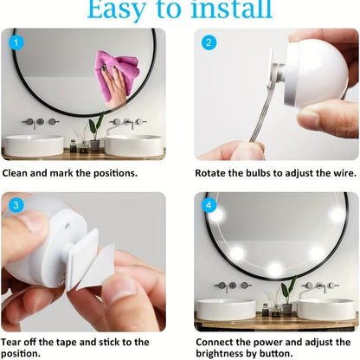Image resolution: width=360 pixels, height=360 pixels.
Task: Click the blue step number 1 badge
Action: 16,42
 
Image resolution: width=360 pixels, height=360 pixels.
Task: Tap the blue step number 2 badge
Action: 209,42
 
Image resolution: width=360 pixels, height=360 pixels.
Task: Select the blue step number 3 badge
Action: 16,205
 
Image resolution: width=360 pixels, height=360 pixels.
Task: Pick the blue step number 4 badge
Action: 209,205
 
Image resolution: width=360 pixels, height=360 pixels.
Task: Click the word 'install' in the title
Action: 232,9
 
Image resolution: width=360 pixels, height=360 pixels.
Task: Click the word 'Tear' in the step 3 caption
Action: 10,342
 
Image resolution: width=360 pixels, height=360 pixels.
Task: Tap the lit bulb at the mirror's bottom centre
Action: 275,269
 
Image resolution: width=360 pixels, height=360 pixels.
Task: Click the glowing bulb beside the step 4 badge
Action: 216,215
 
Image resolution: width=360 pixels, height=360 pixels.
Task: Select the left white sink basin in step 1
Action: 34,145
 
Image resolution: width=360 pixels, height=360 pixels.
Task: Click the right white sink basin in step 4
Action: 326,309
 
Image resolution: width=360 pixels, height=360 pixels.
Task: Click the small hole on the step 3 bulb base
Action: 67,225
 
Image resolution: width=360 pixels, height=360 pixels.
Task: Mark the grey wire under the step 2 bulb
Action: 263,112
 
